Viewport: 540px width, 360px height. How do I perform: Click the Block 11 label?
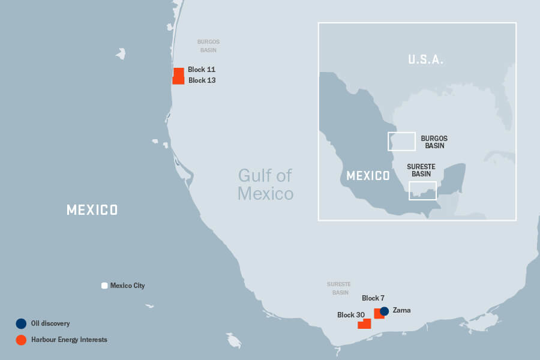[201, 70]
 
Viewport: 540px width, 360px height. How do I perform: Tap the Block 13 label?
[202, 80]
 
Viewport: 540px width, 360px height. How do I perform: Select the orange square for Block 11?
[179, 72]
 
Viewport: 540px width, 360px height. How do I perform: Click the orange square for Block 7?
[379, 313]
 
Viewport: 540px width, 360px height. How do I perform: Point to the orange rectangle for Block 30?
[364, 324]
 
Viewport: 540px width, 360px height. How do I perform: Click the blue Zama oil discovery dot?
[385, 311]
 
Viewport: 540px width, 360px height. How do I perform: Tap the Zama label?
[401, 311]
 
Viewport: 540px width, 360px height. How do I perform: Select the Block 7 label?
[373, 298]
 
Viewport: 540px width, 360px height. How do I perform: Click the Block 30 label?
[351, 315]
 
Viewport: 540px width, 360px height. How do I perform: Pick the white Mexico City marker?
[104, 286]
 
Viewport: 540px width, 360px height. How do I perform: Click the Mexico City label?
[127, 286]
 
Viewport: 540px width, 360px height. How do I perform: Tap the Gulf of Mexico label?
[265, 184]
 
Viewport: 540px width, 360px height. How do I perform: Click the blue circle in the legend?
[21, 323]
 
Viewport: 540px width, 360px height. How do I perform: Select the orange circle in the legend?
[21, 340]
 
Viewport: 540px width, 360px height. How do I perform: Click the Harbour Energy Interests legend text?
[69, 340]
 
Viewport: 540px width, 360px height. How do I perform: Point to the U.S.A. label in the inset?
[425, 59]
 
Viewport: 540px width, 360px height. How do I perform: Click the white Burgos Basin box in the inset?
[401, 141]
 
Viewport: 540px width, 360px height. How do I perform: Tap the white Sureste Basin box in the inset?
[422, 190]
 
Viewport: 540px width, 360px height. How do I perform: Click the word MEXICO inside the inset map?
[368, 176]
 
